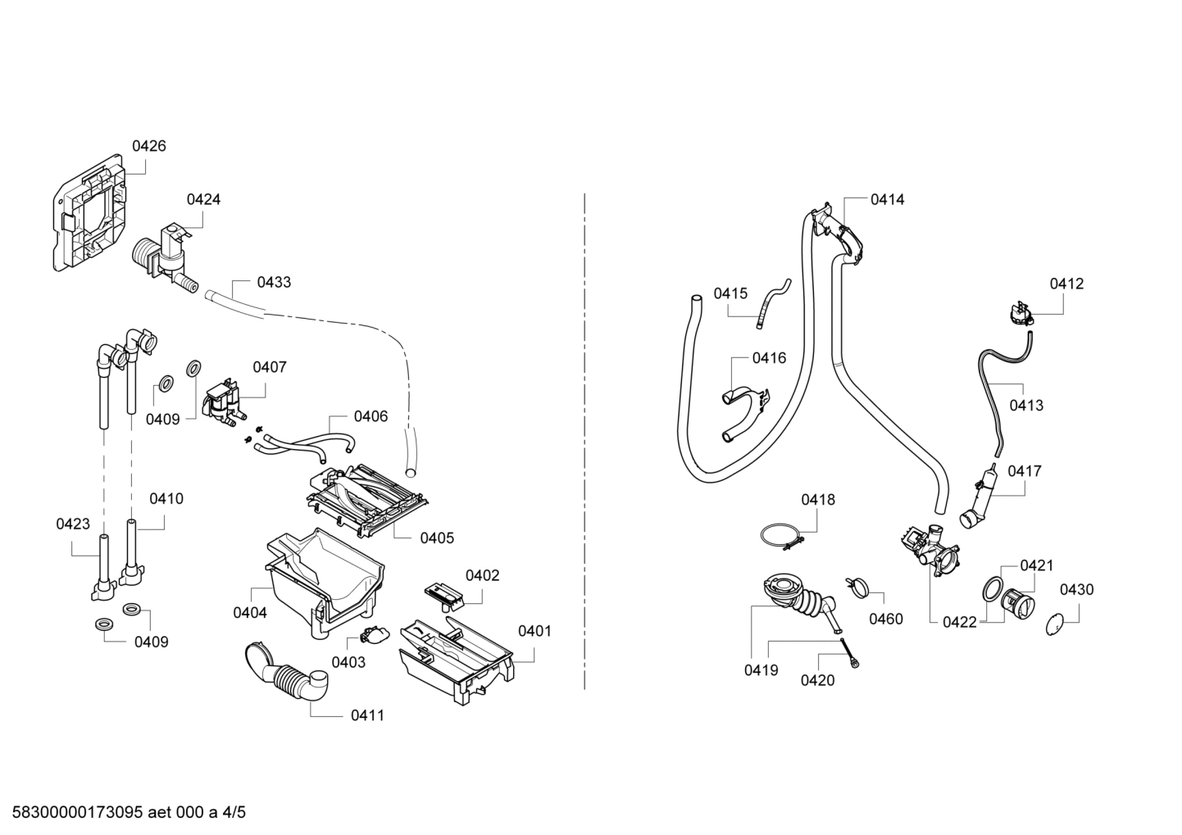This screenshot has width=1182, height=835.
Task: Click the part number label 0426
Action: (x=148, y=146)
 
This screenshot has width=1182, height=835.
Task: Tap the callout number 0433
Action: (x=274, y=282)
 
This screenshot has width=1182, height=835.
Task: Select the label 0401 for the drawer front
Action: (x=534, y=631)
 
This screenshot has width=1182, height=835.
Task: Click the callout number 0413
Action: (x=1026, y=405)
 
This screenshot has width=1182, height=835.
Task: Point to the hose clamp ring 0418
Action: (x=779, y=536)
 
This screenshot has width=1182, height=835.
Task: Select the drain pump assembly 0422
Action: (x=930, y=549)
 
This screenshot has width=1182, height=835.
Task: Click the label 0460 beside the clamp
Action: (x=885, y=619)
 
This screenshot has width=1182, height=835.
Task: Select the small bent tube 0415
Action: (x=771, y=303)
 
